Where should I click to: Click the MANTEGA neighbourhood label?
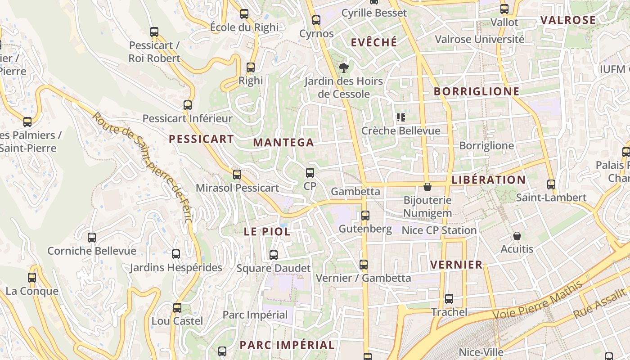pos(283,143)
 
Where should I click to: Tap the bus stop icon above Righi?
pos(251,68)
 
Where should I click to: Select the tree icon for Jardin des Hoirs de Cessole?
pos(344,68)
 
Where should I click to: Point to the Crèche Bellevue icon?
pos(400,118)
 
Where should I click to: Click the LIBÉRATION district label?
pos(489,180)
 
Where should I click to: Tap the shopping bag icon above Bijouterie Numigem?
pos(427,186)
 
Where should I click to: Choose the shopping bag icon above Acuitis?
pos(517,236)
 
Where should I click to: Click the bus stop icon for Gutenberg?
pos(365,216)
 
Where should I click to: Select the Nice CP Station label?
pos(439,230)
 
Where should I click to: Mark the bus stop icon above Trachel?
pos(449,299)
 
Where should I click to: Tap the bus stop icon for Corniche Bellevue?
pos(92,238)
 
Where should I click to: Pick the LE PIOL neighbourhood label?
pos(267,232)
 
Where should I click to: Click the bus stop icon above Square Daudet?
pos(273,255)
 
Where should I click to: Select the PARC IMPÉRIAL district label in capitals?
pos(287,345)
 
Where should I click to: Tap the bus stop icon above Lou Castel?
pos(177,308)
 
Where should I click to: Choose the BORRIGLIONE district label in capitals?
pos(477,91)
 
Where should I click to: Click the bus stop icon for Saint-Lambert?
pos(551,184)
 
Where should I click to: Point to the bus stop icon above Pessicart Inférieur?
pos(188,105)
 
